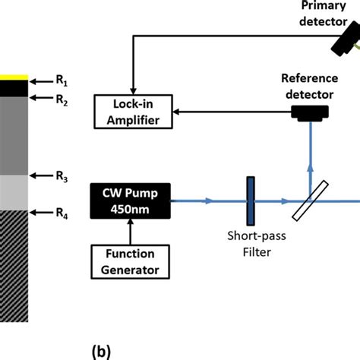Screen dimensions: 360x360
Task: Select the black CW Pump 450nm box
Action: pos(130,201)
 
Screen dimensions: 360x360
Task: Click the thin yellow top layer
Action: pos(14,77)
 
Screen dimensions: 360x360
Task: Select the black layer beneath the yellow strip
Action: pos(14,88)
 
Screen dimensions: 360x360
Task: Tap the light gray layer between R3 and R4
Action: pos(14,193)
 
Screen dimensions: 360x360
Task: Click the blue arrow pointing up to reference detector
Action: pos(309,152)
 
